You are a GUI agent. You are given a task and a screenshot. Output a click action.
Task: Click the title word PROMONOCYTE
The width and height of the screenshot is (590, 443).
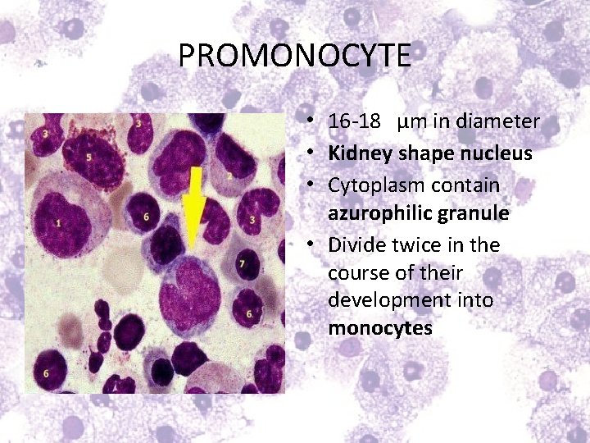pos(294,56)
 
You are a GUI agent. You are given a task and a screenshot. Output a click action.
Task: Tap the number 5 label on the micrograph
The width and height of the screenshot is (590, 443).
pos(88,157)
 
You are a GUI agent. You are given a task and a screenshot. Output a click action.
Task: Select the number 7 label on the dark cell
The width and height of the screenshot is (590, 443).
pos(242,264)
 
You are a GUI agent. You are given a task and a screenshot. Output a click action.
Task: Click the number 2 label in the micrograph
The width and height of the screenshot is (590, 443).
pos(230,176)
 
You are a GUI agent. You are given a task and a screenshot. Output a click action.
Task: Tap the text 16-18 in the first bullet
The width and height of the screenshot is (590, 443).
pos(354,122)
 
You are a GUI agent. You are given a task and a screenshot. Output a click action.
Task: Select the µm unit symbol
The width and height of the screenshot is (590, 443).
pos(407,122)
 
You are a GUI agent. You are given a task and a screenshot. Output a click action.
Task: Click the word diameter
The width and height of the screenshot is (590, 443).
pos(501,122)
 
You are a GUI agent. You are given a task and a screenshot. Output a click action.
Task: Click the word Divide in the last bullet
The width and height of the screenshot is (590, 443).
pos(354,245)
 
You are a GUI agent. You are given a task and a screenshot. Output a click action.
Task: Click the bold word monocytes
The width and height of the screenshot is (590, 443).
pos(379,329)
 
